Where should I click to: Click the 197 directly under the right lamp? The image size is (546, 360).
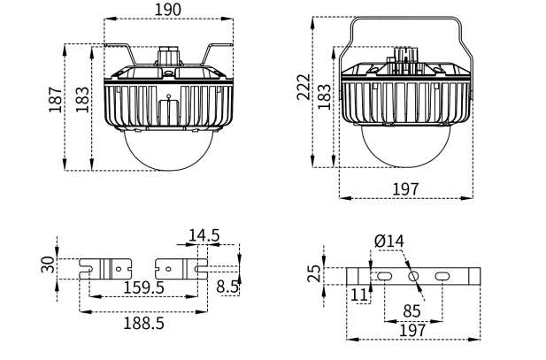coord(406,189)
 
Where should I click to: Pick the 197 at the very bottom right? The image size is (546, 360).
coord(412,329)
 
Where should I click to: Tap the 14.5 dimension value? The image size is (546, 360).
coord(204,235)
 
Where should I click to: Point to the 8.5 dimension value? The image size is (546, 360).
coord(227,287)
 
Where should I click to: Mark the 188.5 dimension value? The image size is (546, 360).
coord(144,323)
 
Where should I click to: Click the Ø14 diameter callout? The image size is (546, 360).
coord(388,241)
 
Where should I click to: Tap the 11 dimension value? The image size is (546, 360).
coord(358,293)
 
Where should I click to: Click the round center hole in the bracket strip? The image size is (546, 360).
coord(412,276)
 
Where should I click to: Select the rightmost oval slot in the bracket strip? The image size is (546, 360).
coord(440,277)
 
